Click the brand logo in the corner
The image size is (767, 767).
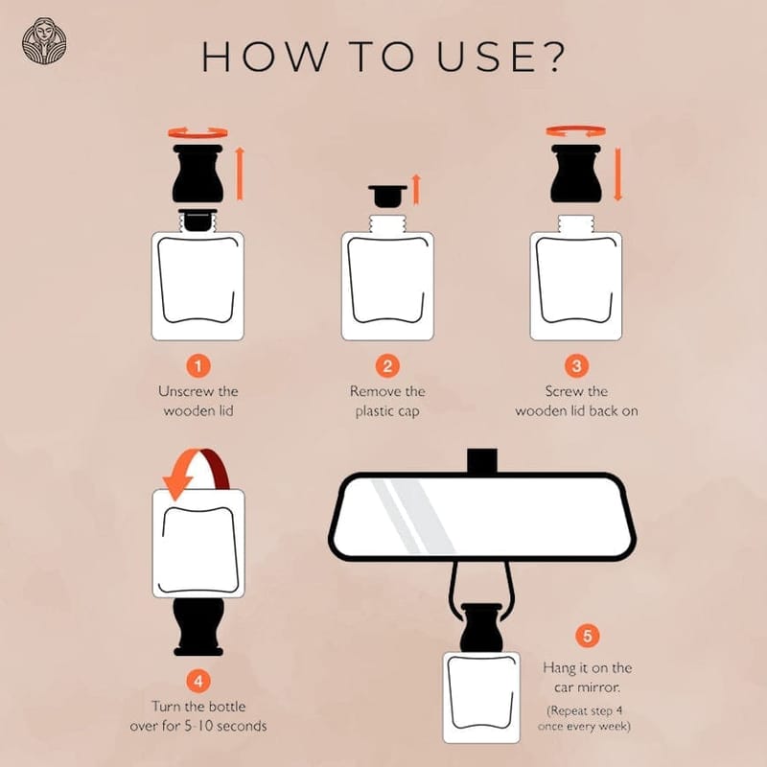pos(44,41)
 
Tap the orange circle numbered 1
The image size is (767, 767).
pos(198,366)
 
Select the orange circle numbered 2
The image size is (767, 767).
pos(387,366)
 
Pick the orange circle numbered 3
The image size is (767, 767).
pos(577,366)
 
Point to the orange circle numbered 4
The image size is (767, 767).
pos(198,682)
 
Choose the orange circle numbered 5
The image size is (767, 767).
pos(587,636)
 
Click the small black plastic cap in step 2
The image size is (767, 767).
pos(387,196)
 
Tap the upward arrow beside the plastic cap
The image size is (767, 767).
pos(416,189)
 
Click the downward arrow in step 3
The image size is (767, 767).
pos(617,174)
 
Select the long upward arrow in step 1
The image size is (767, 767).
pos(240,174)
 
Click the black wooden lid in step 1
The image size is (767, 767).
pos(198,174)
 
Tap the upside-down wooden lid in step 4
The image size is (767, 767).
pos(198,627)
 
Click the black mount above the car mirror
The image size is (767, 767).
pos(482,461)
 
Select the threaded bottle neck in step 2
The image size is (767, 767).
pos(387,224)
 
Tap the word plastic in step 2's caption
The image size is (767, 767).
pos(374,412)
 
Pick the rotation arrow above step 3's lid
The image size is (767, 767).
pos(576,131)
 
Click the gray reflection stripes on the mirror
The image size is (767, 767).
pos(412,517)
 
